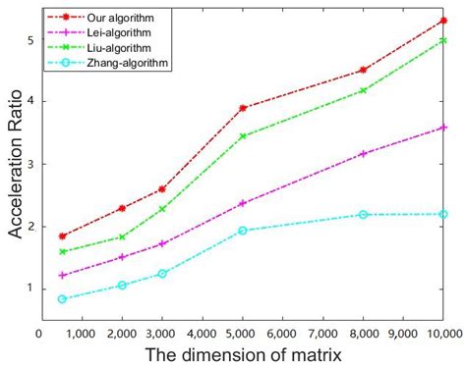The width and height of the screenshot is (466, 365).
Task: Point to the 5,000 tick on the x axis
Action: (242, 334)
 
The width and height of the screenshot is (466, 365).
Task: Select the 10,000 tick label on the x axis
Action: (441, 334)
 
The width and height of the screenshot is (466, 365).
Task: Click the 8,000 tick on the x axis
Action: (363, 334)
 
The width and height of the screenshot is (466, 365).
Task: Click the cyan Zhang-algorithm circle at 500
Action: (62, 299)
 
